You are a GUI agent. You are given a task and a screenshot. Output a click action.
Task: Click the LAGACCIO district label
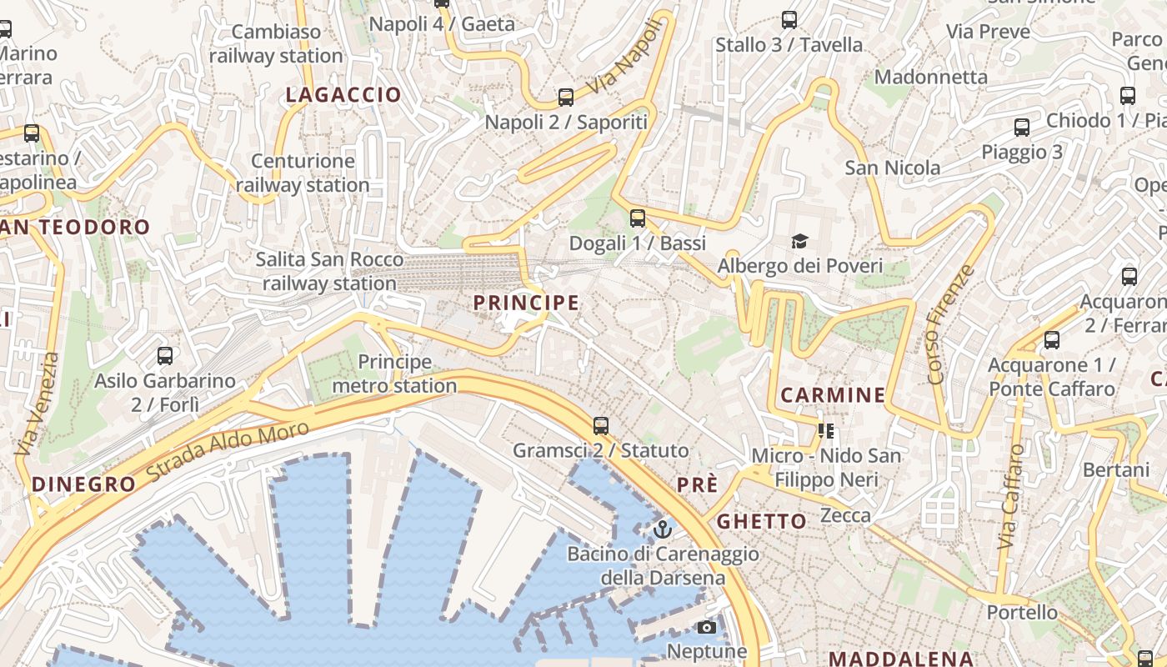coord(343,95)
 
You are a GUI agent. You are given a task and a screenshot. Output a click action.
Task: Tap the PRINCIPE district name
coord(526,303)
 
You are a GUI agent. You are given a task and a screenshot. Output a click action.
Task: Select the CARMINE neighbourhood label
coord(833,395)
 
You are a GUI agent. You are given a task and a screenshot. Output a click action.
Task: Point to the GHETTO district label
coord(762,522)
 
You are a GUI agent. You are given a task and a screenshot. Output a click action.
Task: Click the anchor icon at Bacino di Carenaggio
coord(662,529)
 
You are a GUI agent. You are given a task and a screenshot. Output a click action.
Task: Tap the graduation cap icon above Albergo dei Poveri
coord(800,242)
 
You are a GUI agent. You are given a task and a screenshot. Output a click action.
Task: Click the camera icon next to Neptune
coord(707,627)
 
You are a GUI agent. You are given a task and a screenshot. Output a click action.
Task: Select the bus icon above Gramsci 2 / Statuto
coord(600,426)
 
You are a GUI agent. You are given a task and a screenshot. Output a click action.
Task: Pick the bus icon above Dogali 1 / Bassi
coord(638,218)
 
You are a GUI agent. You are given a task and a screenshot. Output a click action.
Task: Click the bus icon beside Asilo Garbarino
coord(165,356)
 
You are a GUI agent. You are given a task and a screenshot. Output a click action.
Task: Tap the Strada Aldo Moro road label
coord(227,451)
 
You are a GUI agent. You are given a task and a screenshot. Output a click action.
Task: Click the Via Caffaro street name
coord(1010,496)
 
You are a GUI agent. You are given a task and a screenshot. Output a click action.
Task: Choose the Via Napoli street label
coord(628,58)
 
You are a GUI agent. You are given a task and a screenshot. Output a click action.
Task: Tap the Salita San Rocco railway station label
coord(329,271)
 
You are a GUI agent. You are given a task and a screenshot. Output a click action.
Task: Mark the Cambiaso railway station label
coord(276,44)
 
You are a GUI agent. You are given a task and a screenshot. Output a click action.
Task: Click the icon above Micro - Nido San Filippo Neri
coord(826,431)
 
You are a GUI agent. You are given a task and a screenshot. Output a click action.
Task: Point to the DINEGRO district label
coord(83,484)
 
